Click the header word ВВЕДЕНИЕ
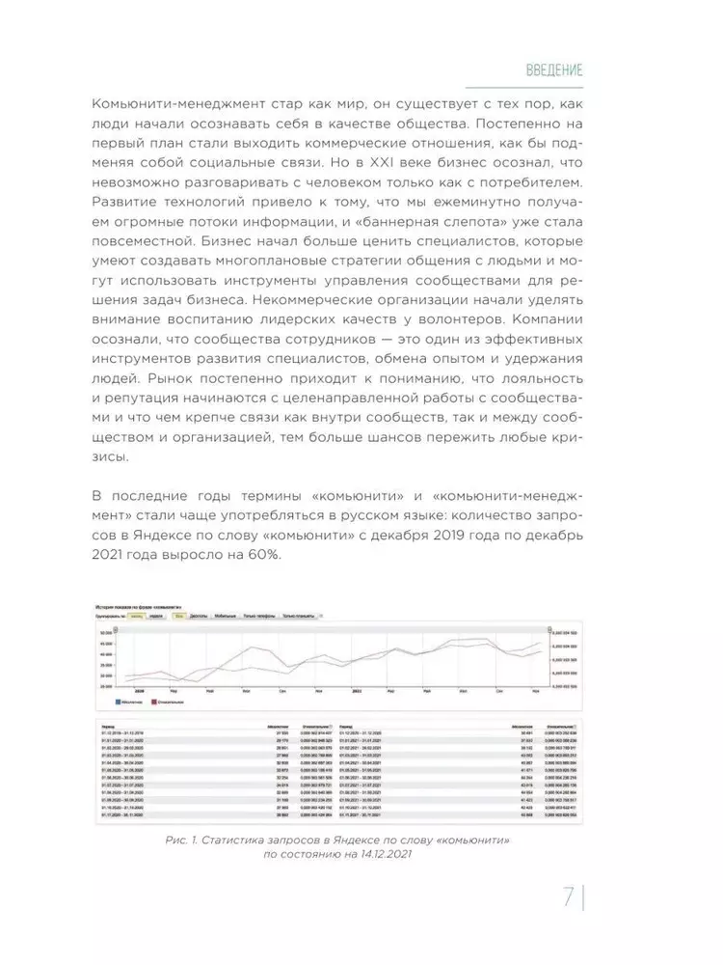(x=554, y=70)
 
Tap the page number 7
(x=568, y=898)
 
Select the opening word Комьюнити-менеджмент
(x=178, y=103)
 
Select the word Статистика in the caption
(x=240, y=842)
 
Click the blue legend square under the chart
(x=117, y=702)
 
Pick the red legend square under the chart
(x=153, y=702)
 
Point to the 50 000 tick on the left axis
(x=104, y=632)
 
